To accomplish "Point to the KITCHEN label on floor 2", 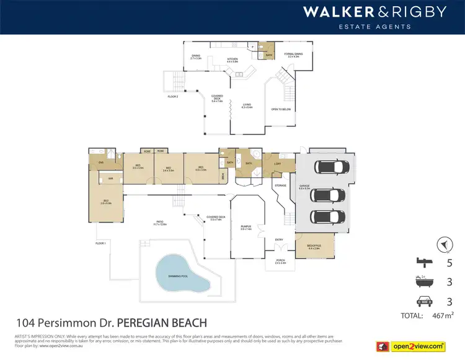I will click(x=232, y=60).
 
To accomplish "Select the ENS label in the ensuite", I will click(x=100, y=164).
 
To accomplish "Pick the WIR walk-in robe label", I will click(x=111, y=178).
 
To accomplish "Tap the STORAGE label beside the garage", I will click(x=281, y=185).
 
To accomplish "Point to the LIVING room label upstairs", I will click(x=246, y=106).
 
